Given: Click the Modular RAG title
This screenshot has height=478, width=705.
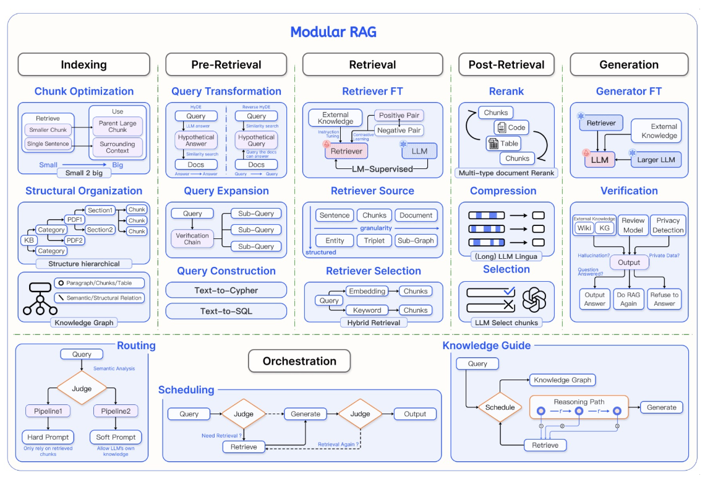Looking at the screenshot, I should click(333, 32).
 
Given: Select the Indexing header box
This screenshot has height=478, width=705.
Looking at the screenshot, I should click(83, 64).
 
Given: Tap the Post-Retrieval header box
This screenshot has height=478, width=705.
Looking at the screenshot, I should click(506, 64).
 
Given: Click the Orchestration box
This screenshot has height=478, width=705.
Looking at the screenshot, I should click(299, 361).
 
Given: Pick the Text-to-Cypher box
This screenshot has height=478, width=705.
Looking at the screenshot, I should click(226, 290).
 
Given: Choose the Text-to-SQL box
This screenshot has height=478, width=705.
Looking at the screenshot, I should click(226, 310).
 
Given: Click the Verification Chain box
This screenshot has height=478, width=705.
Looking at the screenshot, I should click(192, 238).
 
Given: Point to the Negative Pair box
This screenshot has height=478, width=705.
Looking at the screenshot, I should click(399, 130).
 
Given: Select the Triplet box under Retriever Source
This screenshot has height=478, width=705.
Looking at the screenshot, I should click(374, 240).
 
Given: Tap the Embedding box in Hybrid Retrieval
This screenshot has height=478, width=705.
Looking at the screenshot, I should click(367, 291).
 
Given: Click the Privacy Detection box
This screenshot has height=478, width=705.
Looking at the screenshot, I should click(668, 225).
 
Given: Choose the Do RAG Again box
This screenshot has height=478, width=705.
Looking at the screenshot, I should click(630, 299).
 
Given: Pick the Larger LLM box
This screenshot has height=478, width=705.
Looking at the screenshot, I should click(656, 160).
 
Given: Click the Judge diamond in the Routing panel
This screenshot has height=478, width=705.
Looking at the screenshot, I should click(82, 389).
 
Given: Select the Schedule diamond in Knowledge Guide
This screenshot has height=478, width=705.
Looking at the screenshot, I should click(500, 407).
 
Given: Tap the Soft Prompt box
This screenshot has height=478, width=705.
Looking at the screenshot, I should click(116, 437).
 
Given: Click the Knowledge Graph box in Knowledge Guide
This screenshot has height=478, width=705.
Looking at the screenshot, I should click(562, 380).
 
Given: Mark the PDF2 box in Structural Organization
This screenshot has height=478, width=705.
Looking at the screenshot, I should click(75, 240).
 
